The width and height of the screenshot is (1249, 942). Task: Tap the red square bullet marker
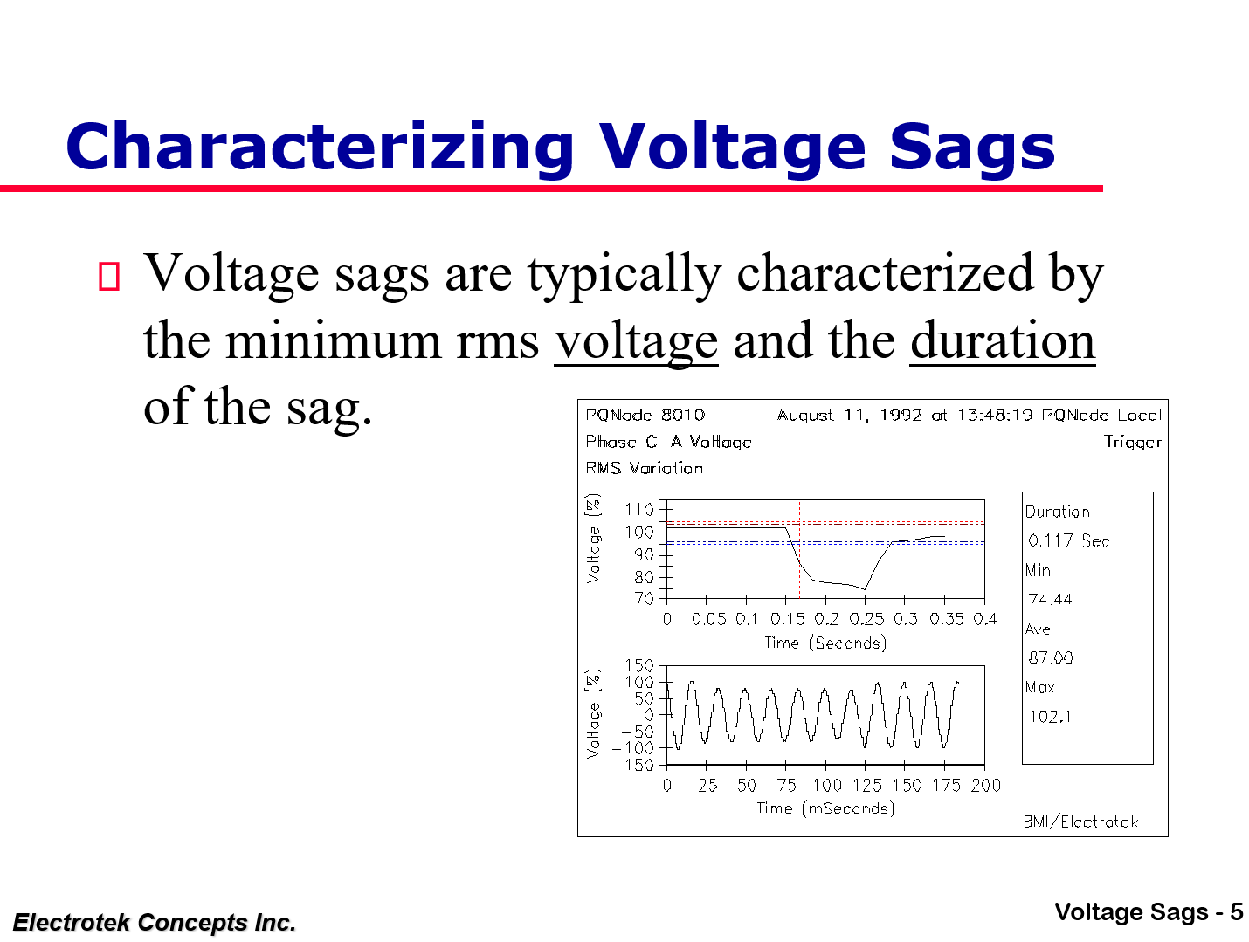pyautogui.click(x=108, y=276)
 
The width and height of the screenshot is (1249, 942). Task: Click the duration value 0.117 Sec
pyautogui.click(x=1068, y=540)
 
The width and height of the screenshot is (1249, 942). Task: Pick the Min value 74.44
pyautogui.click(x=1050, y=599)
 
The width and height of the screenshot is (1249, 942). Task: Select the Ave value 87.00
pyautogui.click(x=1050, y=657)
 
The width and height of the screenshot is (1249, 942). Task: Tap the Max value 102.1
pyautogui.click(x=1050, y=716)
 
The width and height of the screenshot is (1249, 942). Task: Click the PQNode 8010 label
pyautogui.click(x=645, y=415)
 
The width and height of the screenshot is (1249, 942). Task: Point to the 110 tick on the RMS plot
pyautogui.click(x=639, y=509)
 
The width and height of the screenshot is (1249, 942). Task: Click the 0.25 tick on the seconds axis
pyautogui.click(x=866, y=619)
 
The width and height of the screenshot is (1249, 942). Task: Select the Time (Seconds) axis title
pyautogui.click(x=825, y=643)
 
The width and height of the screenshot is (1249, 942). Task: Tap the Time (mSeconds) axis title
pyautogui.click(x=825, y=808)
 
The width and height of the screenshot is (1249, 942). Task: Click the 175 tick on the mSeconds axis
pyautogui.click(x=946, y=785)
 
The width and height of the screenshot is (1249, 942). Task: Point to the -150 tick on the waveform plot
pyautogui.click(x=633, y=765)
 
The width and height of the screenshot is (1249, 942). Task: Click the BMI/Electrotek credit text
pyautogui.click(x=1080, y=822)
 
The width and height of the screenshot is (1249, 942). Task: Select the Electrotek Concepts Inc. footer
pyautogui.click(x=155, y=922)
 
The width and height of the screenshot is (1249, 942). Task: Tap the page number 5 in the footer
pyautogui.click(x=1236, y=912)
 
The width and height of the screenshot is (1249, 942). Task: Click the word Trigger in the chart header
pyautogui.click(x=1132, y=442)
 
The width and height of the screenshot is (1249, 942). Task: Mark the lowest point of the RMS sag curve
pyautogui.click(x=864, y=589)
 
